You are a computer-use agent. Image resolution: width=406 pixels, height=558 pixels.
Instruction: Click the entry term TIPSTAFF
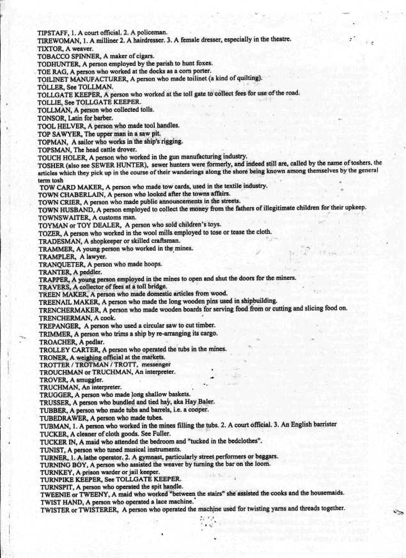[x=54, y=31]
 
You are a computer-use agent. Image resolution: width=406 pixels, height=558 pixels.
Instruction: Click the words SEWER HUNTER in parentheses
[x=122, y=164]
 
